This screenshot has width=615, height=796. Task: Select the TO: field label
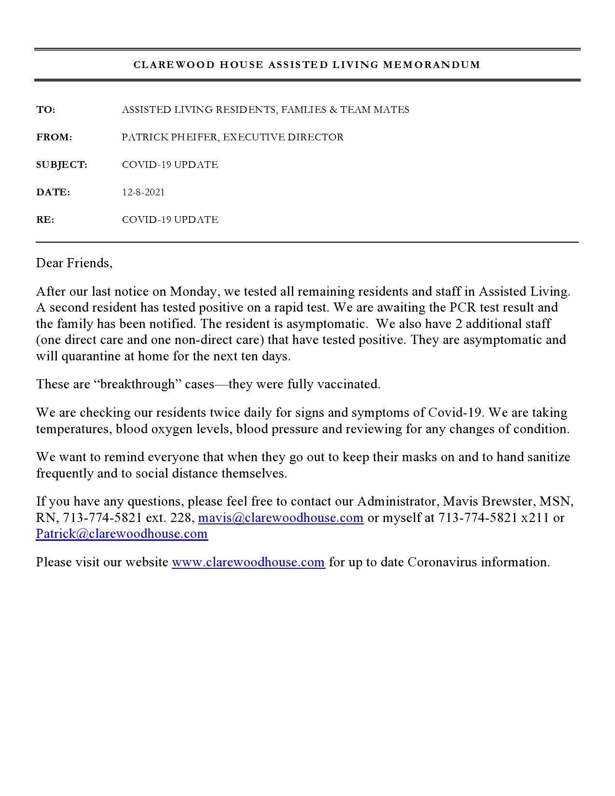[46, 110]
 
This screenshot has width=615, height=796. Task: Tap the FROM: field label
[54, 137]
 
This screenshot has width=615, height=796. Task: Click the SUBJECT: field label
[62, 165]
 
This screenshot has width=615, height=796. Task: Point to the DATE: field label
[53, 192]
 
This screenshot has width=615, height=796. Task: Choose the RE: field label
[45, 220]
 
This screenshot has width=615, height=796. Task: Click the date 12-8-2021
[143, 192]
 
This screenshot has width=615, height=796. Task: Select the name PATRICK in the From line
[145, 137]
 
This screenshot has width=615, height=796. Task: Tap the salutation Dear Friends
[74, 263]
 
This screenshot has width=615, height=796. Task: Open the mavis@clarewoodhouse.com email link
[281, 518]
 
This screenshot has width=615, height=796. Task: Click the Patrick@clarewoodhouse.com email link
[122, 534]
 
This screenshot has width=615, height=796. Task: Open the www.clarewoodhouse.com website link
[248, 563]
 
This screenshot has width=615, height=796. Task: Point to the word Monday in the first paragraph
[193, 291]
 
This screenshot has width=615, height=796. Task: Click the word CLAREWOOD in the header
[174, 65]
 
